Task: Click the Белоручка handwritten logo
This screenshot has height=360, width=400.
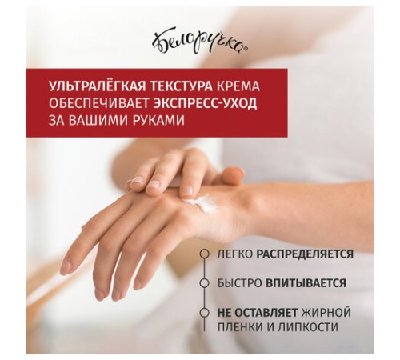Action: (199, 42)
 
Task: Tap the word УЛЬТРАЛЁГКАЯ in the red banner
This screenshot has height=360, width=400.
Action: (98, 86)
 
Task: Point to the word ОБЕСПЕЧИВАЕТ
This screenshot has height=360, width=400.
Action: (99, 104)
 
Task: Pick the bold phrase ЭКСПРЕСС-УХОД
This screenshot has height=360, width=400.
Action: (205, 104)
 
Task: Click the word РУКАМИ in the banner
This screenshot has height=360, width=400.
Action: (158, 121)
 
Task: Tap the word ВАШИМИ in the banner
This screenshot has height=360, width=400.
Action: (98, 121)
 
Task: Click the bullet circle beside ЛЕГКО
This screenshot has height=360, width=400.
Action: (205, 254)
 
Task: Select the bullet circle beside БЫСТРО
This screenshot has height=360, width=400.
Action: (205, 283)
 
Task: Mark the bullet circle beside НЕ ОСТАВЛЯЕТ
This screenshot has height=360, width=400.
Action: (205, 312)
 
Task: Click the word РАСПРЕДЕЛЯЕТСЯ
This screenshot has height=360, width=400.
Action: (305, 254)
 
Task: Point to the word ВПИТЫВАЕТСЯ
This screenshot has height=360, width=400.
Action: (306, 283)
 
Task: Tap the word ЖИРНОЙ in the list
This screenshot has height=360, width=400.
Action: (326, 313)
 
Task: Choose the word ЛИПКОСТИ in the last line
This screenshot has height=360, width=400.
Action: (308, 327)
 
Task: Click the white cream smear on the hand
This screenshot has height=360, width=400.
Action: (201, 202)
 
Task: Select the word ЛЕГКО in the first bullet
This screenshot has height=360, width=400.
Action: (235, 254)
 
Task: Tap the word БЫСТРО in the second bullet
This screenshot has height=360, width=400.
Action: (239, 283)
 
